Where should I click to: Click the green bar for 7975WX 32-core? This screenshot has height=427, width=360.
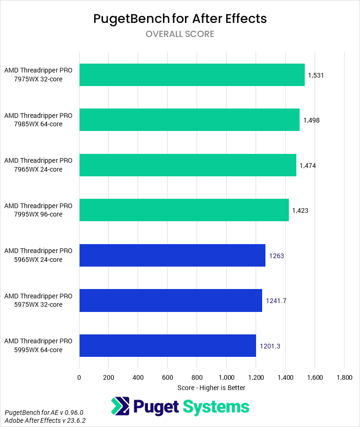192,75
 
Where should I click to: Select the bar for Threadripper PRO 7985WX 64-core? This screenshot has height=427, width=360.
190,120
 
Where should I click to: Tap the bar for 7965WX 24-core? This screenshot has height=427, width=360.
188,165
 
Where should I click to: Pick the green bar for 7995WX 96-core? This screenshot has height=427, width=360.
184,210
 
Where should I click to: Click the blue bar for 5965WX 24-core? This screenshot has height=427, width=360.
172,255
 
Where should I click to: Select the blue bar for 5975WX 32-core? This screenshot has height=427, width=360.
171,300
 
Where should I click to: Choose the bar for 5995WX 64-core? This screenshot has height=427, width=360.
168,346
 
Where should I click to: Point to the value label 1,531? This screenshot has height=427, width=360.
316,75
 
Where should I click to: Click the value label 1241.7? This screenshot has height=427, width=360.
276,301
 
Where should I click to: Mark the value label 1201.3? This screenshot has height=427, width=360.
270,346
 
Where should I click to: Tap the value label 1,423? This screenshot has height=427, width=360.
300,210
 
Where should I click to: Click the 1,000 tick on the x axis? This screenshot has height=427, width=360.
226,377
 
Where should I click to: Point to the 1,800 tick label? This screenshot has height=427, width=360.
344,377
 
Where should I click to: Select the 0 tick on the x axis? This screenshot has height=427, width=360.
79,377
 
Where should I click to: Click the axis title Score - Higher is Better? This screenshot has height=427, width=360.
212,388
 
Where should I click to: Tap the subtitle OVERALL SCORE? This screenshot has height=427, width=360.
180,34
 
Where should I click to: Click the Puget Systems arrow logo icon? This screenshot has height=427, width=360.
120,406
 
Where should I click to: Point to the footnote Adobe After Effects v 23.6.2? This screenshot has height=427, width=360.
45,420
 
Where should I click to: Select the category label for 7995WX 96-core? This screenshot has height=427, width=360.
38,210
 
